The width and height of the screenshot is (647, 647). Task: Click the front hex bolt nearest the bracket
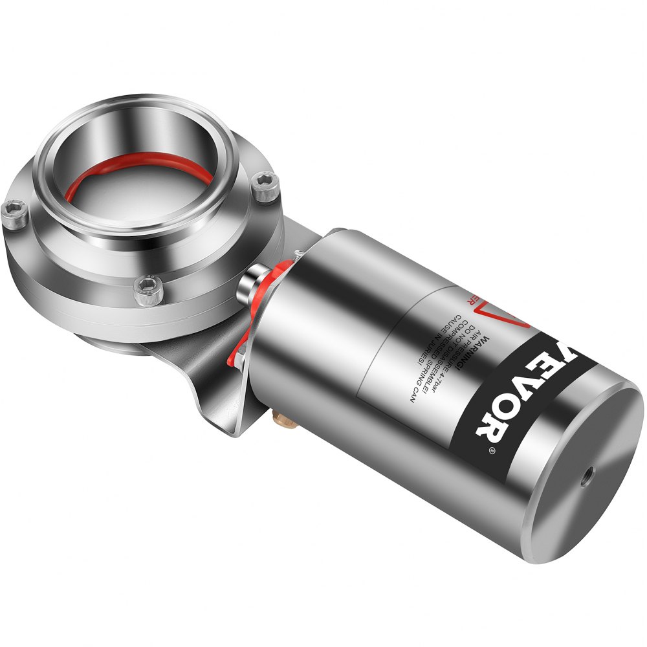coord(146,291)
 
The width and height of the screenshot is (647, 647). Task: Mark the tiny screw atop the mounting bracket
coord(298,252)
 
